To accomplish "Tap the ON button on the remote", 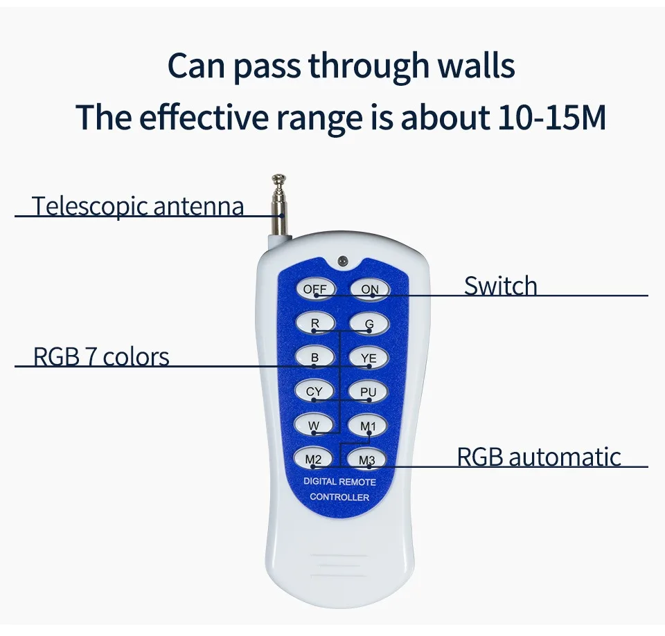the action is point(369,289).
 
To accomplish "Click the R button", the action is point(316,322).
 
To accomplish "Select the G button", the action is point(369,322).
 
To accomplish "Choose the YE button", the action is point(369,357).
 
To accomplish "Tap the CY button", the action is point(315,391).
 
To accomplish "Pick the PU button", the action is point(369,391).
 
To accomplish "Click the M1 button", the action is point(368,426).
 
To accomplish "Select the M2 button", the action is point(314,458).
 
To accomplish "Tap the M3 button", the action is point(367,458).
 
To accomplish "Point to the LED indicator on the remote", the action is point(342,261).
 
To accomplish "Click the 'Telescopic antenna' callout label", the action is point(138,206).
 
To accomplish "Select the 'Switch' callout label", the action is point(500,286).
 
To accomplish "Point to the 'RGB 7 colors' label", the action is point(101,357).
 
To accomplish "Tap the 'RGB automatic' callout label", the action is point(538,457).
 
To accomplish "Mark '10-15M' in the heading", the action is point(551,118).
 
